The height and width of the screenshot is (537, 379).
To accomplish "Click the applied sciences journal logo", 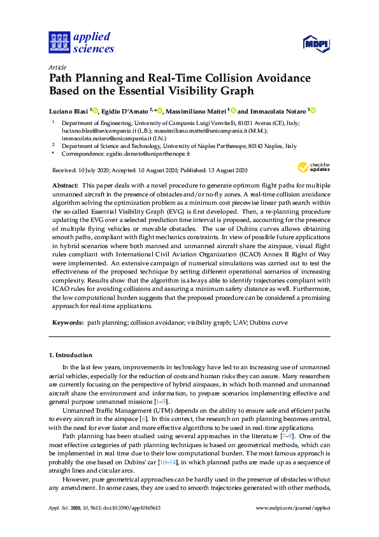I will (82, 42).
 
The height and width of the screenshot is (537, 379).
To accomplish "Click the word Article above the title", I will (57, 67).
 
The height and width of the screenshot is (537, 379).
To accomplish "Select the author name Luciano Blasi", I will (69, 110).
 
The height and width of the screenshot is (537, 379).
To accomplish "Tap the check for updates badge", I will (313, 168).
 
